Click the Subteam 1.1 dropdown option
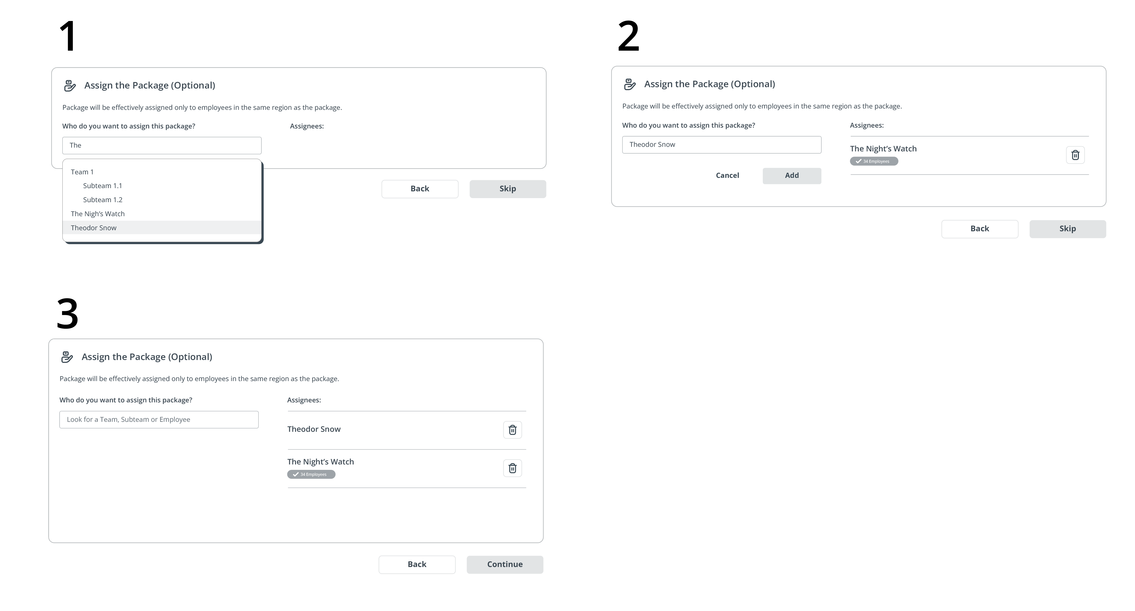(x=103, y=186)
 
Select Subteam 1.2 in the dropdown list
(x=103, y=200)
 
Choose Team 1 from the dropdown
(x=82, y=172)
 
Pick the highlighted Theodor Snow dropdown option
(x=162, y=228)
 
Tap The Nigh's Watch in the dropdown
(x=98, y=214)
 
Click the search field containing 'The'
(x=162, y=145)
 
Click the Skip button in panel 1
(x=508, y=189)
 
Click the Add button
(x=792, y=175)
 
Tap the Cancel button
(x=727, y=175)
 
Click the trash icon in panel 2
(x=1075, y=155)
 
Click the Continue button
(x=505, y=564)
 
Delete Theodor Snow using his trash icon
(x=512, y=430)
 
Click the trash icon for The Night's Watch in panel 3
(x=512, y=468)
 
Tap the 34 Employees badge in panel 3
(x=311, y=474)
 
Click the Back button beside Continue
(x=417, y=564)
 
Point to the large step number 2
(x=628, y=36)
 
